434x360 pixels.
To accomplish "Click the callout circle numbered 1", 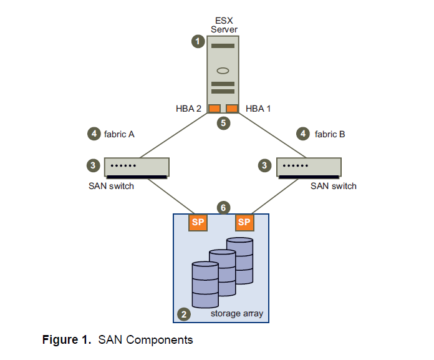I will point(198,42).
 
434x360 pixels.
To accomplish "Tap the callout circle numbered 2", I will point(183,314).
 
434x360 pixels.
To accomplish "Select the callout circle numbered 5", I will point(223,123).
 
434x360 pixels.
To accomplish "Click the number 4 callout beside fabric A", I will point(94,134).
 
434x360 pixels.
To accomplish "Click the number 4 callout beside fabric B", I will point(304,134).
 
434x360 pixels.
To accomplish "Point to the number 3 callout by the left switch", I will point(94,165).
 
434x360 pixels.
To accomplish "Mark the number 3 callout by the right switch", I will point(264,165).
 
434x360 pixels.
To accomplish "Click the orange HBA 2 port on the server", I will point(214,109).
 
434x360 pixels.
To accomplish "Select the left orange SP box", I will point(198,222).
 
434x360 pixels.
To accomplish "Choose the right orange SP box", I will point(244,222).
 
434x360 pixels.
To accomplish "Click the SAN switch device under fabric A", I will point(136,167).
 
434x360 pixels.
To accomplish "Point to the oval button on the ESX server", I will point(223,70).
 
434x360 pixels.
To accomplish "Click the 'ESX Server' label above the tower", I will point(223,26).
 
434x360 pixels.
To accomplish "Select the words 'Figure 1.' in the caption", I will point(67,340).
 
